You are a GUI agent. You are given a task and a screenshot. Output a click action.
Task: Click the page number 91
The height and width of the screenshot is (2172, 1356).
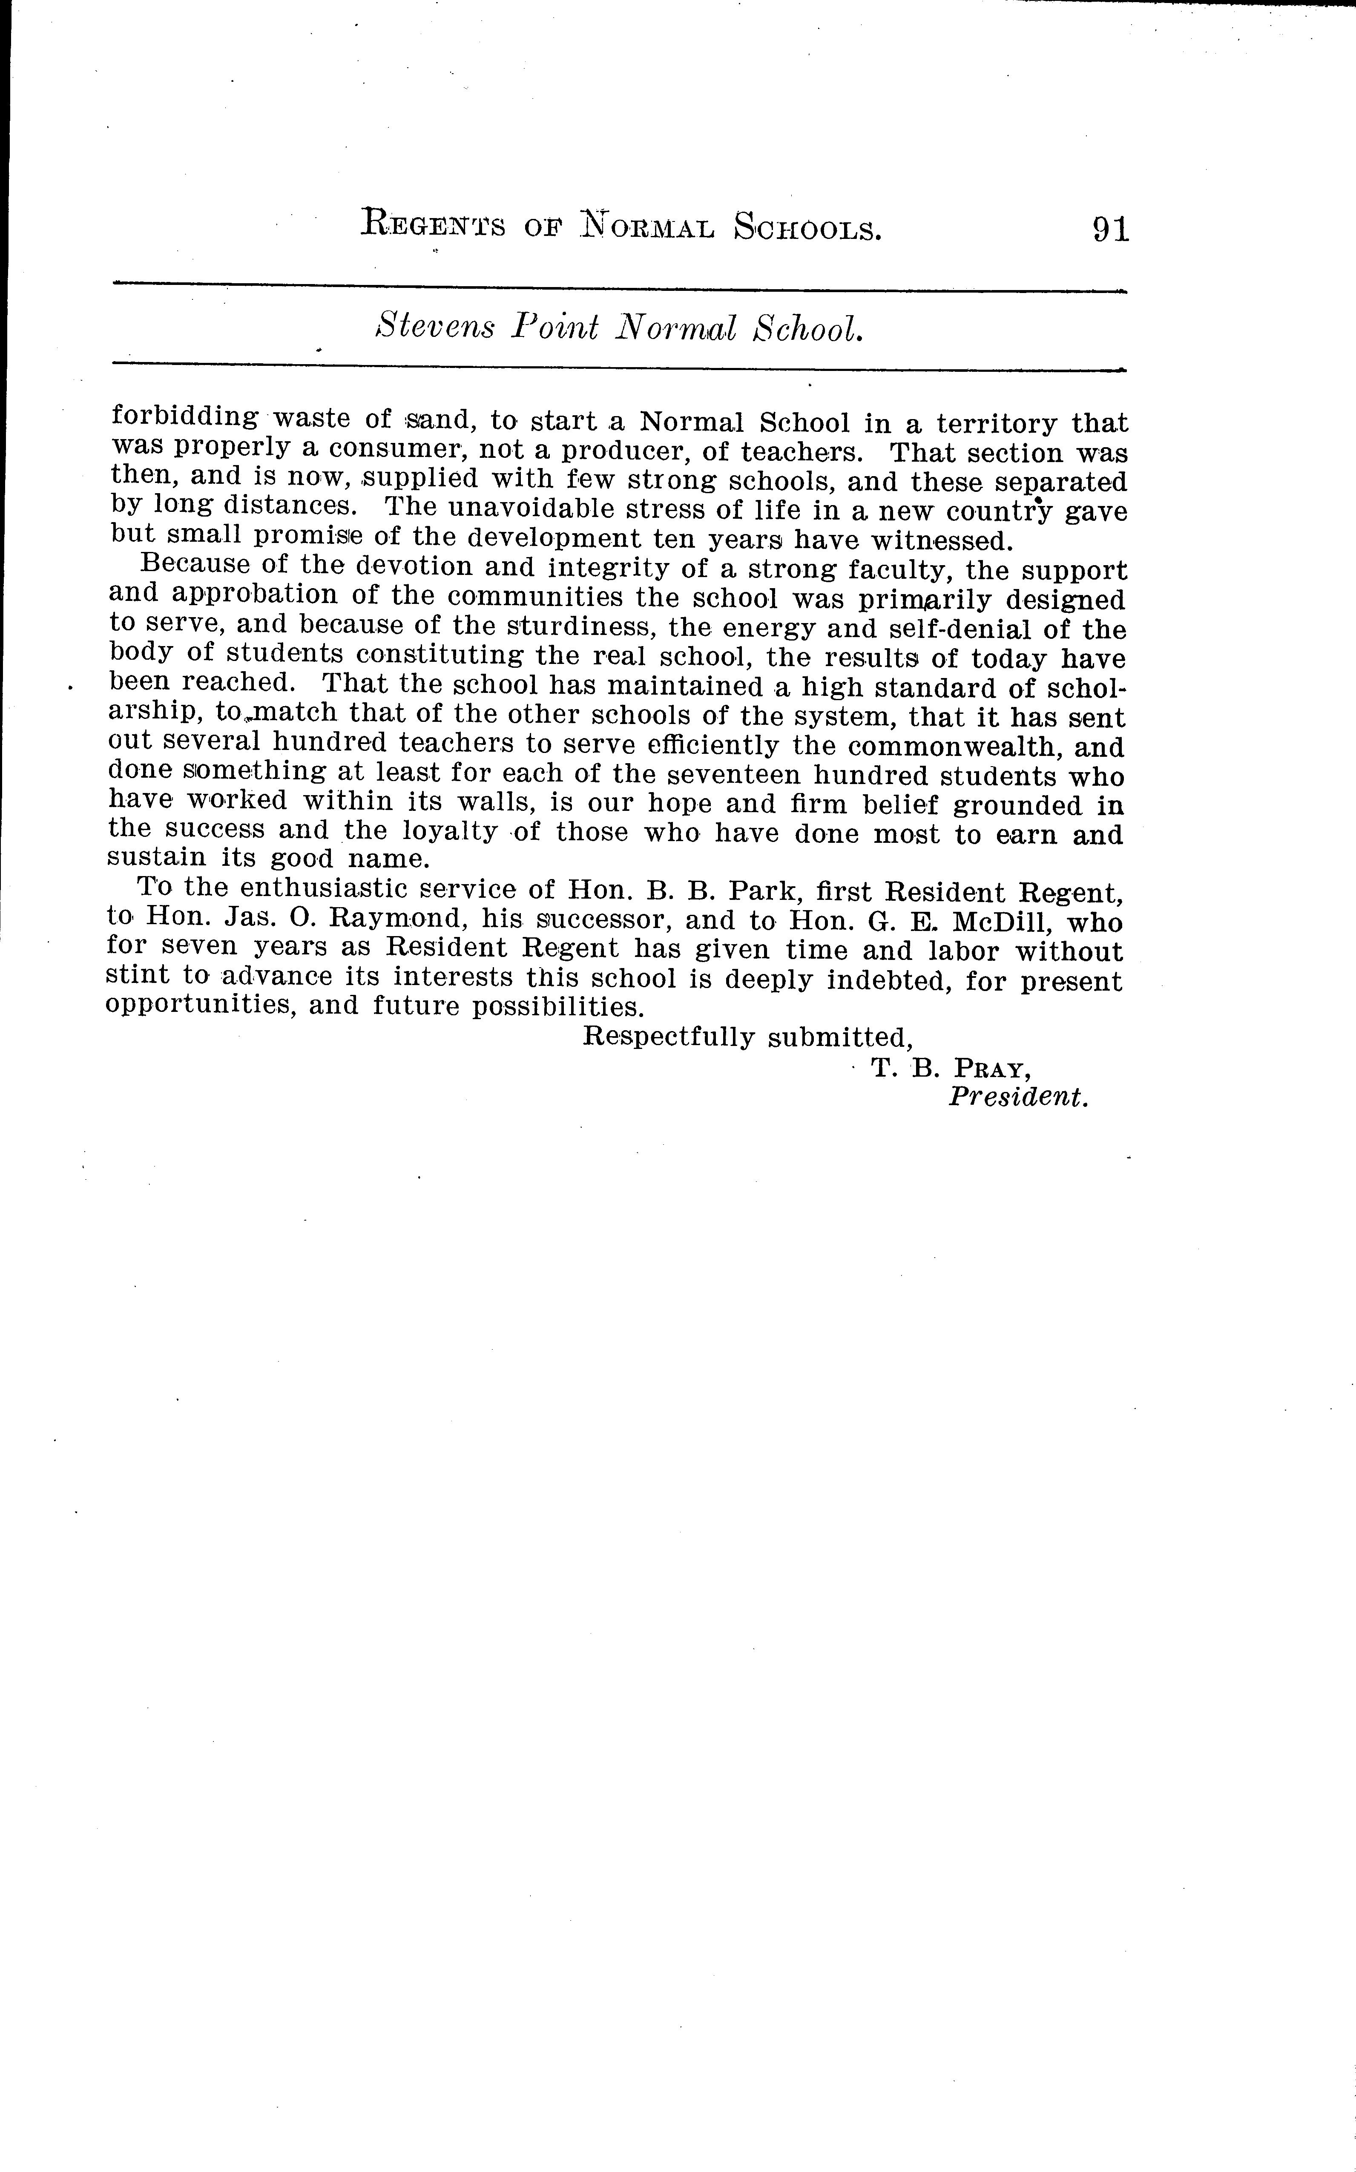click(x=1110, y=230)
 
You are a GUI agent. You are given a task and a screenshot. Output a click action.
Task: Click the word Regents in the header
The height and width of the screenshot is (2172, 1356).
click(x=432, y=224)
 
